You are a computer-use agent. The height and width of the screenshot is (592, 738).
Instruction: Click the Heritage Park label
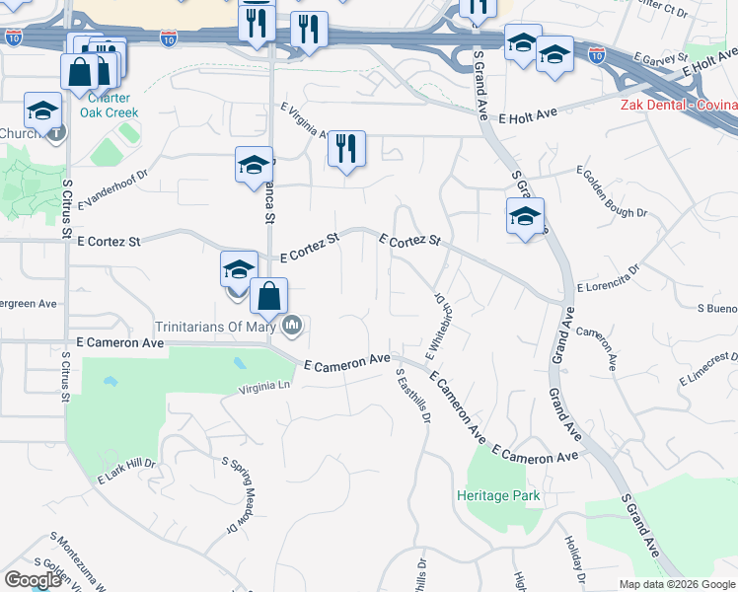[498, 495]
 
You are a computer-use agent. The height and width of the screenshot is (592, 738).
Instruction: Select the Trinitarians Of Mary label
[218, 326]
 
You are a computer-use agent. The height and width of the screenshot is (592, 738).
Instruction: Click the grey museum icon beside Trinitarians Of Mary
[293, 325]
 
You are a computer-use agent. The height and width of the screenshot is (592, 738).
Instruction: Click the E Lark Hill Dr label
[127, 471]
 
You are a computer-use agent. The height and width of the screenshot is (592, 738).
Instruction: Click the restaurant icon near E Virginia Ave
[346, 148]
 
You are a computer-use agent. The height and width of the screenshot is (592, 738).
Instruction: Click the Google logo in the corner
[33, 580]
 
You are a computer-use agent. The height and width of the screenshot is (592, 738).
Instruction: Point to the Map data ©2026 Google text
[678, 584]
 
